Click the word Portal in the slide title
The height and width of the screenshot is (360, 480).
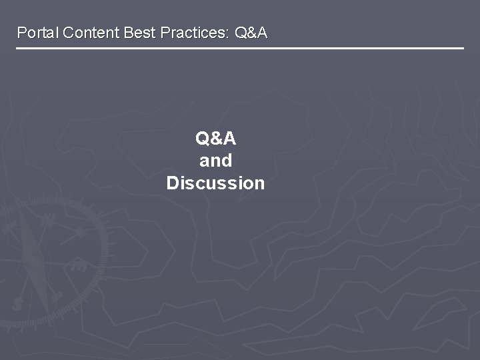pyautogui.click(x=37, y=33)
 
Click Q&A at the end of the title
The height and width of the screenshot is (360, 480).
pyautogui.click(x=251, y=33)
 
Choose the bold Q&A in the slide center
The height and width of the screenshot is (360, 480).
pyautogui.click(x=215, y=139)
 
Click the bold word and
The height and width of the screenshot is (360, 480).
pyautogui.click(x=215, y=161)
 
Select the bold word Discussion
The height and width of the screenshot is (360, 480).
pyautogui.click(x=215, y=183)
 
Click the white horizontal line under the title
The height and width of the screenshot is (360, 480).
pyautogui.click(x=240, y=49)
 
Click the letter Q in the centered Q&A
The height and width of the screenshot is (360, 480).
pyautogui.click(x=202, y=139)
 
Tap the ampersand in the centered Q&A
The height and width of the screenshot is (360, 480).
pyautogui.click(x=215, y=139)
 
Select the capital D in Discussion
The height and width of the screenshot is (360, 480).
pyautogui.click(x=173, y=183)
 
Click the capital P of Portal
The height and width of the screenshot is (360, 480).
pyautogui.click(x=21, y=33)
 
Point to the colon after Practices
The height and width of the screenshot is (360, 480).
pyautogui.click(x=229, y=33)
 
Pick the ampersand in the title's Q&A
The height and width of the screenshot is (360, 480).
pyautogui.click(x=251, y=33)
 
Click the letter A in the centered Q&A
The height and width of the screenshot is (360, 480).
pyautogui.click(x=229, y=139)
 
